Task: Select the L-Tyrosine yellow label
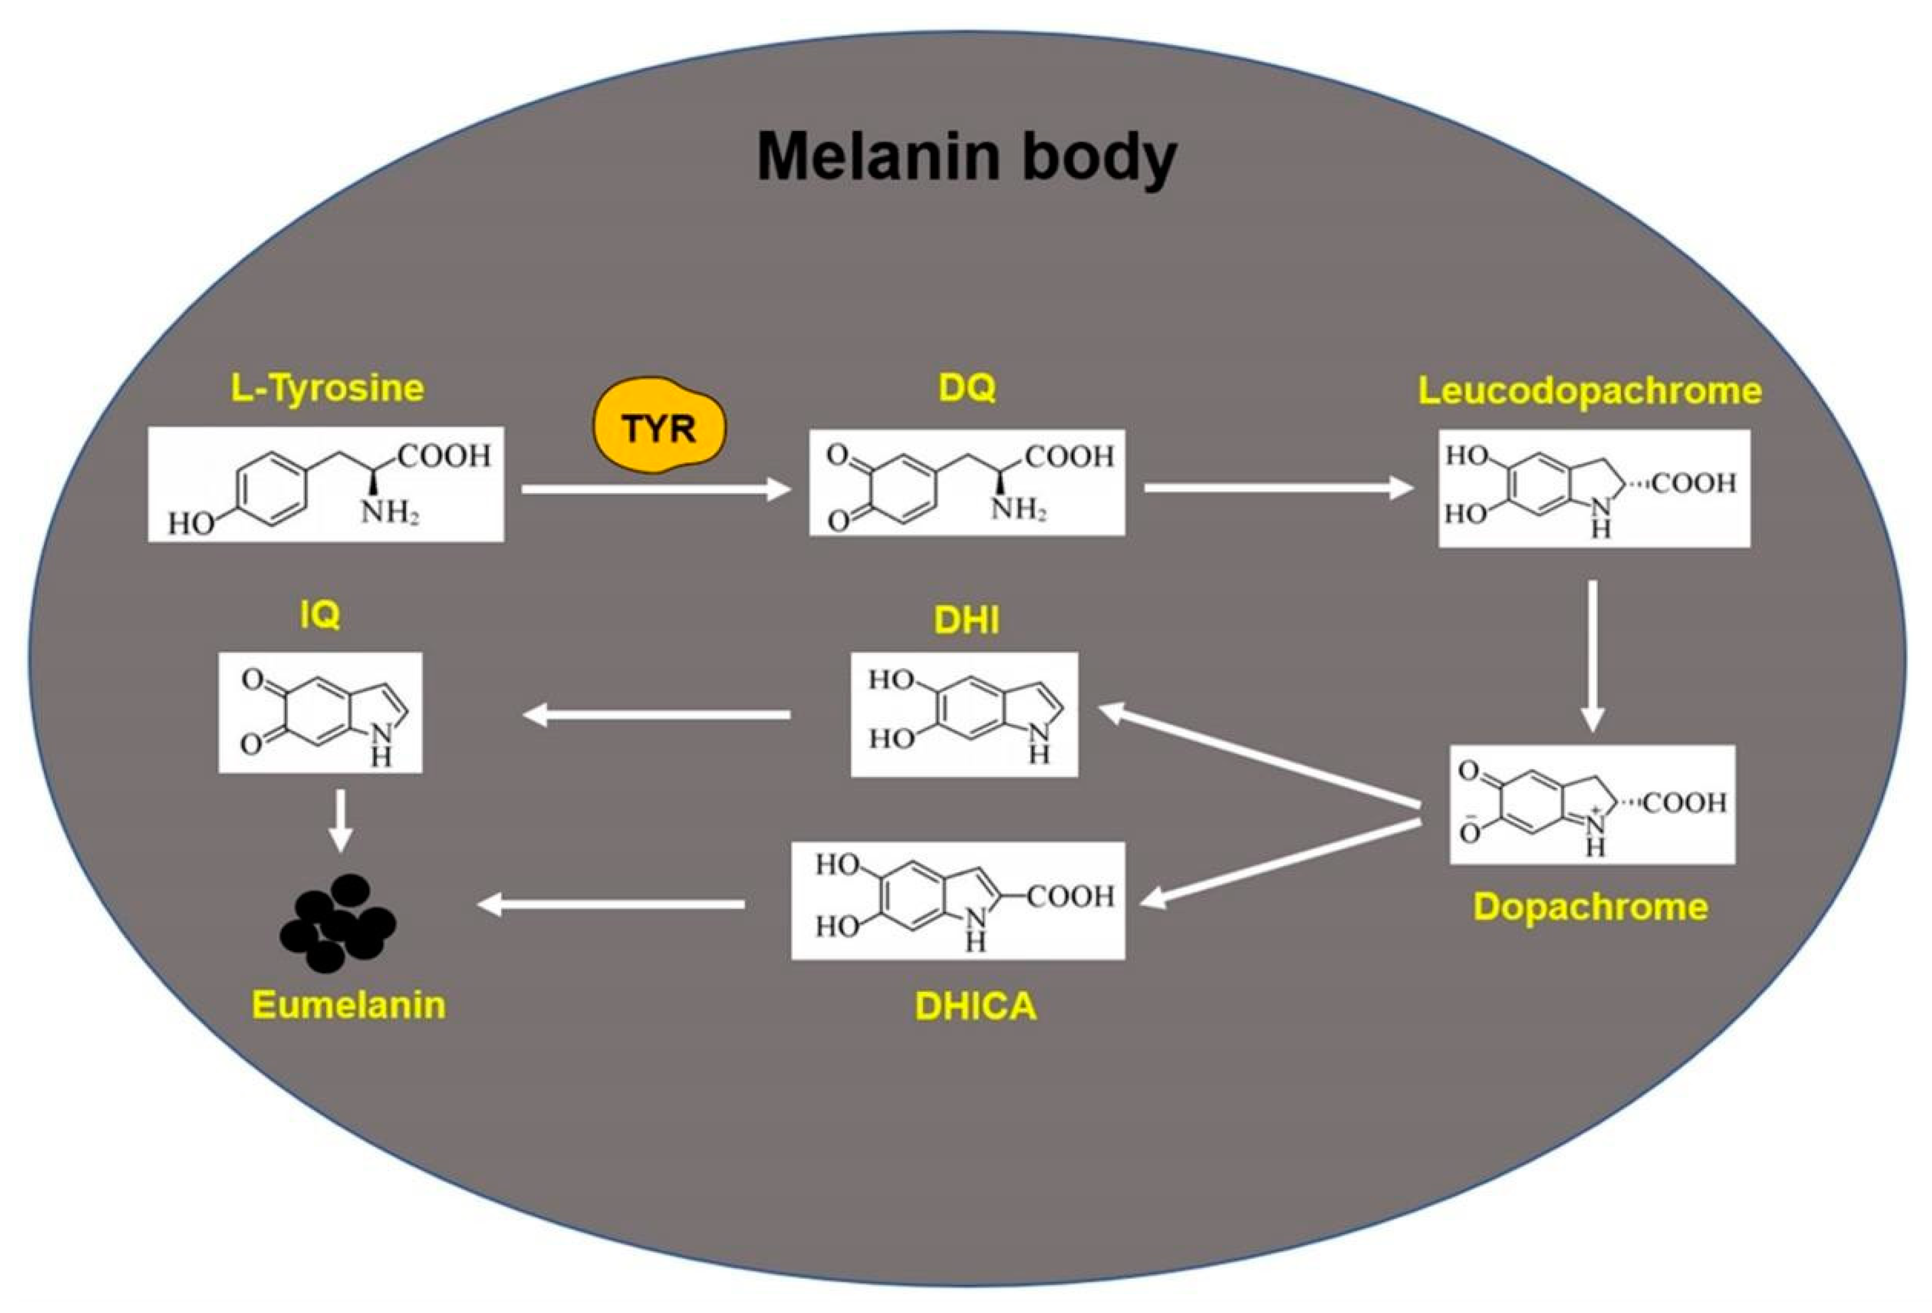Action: [327, 388]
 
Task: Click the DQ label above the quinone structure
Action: [967, 387]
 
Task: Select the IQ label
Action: [320, 615]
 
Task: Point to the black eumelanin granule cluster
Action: [337, 922]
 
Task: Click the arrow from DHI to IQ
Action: [657, 714]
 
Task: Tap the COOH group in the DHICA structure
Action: [1071, 896]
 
